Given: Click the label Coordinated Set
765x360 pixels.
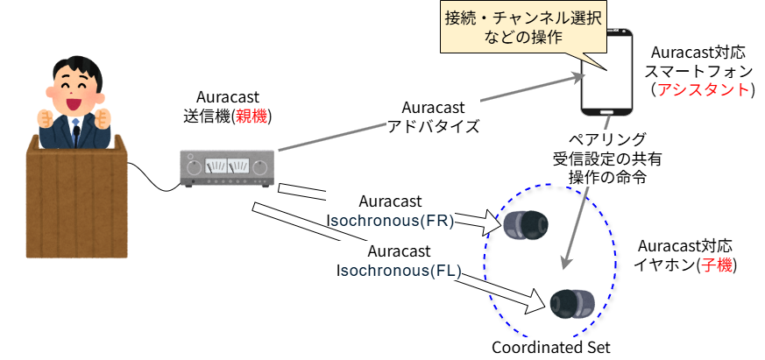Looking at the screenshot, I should point(550,346).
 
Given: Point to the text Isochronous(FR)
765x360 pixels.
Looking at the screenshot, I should point(390,221).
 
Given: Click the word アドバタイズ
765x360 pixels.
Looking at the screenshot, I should point(433,125).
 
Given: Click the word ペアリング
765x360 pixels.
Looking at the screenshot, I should point(606,139).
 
